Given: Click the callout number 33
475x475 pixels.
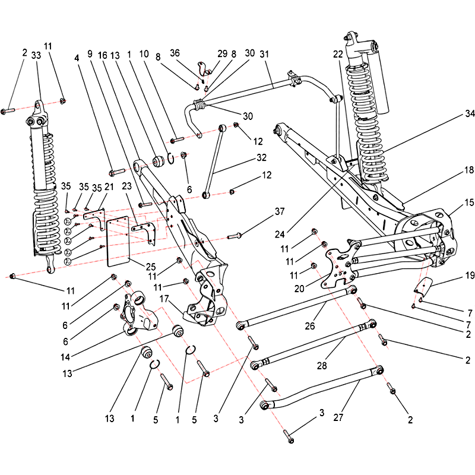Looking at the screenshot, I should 36,55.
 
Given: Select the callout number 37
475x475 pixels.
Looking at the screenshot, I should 280,211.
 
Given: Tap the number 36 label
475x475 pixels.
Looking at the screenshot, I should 175,53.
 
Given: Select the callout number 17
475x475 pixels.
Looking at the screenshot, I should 164,299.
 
